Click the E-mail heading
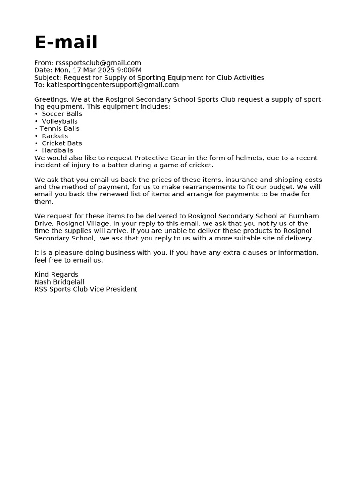click(66, 43)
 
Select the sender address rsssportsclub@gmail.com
click(98, 63)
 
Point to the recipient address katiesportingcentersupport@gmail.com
click(112, 85)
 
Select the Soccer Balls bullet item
click(61, 114)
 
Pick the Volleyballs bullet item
click(60, 121)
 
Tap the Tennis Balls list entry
click(59, 128)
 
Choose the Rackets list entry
click(55, 136)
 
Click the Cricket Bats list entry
click(61, 143)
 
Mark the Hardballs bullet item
click(57, 150)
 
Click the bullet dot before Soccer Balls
click(36, 114)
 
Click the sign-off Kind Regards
click(56, 275)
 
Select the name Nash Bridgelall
click(59, 282)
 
